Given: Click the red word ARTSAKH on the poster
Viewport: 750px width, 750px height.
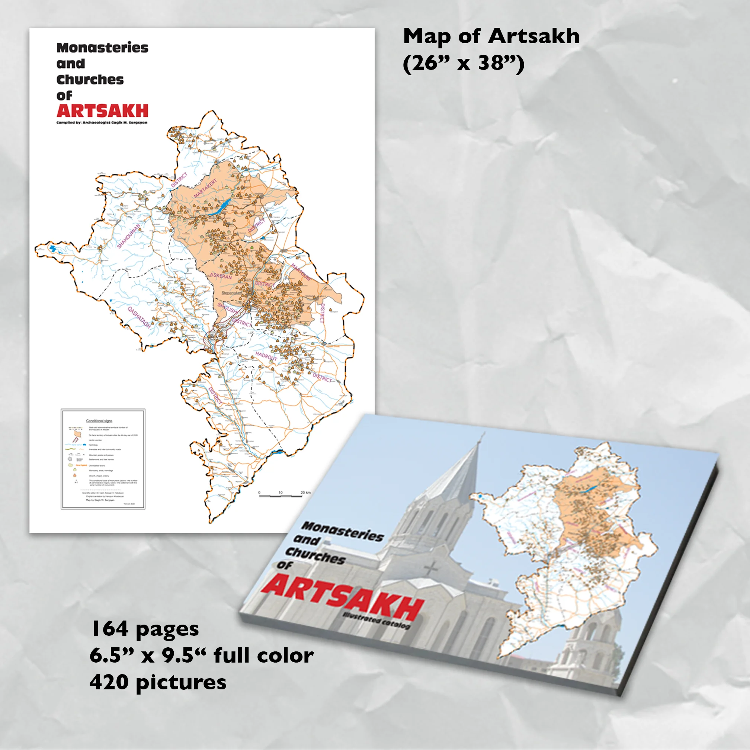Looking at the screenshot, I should pos(102,111).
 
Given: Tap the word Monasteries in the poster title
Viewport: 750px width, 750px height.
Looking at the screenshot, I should pos(102,48).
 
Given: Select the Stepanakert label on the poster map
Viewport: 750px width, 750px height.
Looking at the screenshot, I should pos(231,293).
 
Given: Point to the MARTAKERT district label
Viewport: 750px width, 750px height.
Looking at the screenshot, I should pos(206,188).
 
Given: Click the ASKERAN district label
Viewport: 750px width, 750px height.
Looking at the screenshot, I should pos(221,276).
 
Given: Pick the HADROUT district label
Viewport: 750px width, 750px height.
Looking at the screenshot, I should pos(266,356).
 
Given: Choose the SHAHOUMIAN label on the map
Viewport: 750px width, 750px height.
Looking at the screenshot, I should pos(129,236).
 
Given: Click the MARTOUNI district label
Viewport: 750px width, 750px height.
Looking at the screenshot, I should pos(301,273).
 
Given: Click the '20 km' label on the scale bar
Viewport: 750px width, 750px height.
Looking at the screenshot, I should pos(305,493).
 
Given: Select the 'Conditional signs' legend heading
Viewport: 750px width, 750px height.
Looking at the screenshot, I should pos(99,421).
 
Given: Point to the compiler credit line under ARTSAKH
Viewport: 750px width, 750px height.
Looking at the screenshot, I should pos(102,123).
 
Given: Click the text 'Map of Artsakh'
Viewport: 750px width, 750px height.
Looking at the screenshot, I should pos(491,36).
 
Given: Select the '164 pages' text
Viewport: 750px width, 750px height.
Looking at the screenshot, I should pos(144,629).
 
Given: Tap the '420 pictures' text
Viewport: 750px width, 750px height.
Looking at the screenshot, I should pos(158,682).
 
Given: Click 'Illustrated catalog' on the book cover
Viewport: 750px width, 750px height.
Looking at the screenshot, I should pos(376,620).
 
